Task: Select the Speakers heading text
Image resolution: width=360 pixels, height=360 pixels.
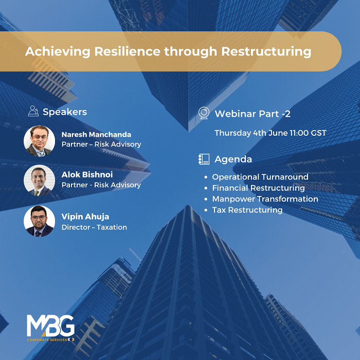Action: coord(65,112)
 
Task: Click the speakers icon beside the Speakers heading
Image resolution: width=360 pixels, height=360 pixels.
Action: coord(34,111)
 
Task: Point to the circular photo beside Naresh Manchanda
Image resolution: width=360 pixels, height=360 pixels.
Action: coord(39,139)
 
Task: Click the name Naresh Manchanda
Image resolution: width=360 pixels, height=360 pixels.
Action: coord(96,135)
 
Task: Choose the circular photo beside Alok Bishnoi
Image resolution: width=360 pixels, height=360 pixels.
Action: coord(39,181)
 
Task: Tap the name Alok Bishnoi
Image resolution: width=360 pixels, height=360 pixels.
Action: coord(87,175)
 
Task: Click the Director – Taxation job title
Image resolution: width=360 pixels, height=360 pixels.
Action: coord(94,227)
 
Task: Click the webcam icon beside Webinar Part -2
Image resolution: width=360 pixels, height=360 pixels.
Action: coord(204,113)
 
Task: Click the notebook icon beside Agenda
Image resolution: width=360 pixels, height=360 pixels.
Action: coord(204,159)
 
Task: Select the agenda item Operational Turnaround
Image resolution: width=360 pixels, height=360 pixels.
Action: coord(260,177)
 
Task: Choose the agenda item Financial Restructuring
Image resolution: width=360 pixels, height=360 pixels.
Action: coord(258,188)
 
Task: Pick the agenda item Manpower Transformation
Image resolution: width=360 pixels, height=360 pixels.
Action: coord(265,199)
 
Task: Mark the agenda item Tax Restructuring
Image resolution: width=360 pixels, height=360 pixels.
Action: coord(247,210)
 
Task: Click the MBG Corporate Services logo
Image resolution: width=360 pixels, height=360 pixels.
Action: coord(51,328)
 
